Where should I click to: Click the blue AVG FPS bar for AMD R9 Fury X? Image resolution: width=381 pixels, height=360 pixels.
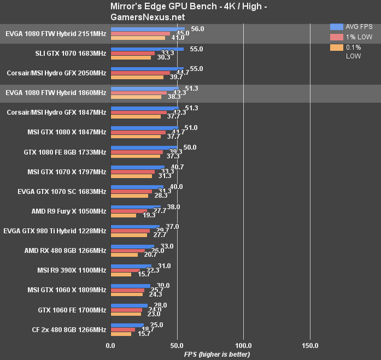point(136,206)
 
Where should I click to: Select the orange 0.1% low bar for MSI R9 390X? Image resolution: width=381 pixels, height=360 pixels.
point(121,274)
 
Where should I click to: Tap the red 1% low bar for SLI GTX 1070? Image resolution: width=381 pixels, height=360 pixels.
point(133,53)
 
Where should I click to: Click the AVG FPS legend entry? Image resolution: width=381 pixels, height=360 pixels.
point(351,26)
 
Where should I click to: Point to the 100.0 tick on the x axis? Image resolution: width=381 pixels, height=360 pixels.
point(243,345)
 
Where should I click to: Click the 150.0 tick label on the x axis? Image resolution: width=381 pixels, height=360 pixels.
point(310,345)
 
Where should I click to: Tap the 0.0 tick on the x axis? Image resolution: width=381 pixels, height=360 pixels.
point(110,345)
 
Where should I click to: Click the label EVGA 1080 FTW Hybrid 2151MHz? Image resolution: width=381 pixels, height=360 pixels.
point(56,33)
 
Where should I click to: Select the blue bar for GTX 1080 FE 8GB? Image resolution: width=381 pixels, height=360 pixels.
point(144,147)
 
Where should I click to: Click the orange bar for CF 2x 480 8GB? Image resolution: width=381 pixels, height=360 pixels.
point(121,333)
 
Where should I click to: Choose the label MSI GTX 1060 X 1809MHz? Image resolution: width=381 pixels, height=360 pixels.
point(67,290)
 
